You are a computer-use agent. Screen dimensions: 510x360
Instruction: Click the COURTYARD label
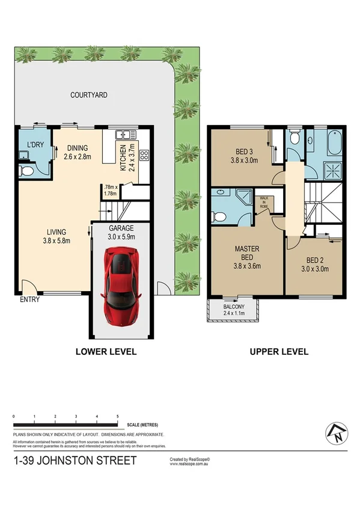88,95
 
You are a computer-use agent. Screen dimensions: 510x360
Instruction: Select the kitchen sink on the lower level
126,135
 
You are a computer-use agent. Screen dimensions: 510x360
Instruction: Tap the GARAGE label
121,229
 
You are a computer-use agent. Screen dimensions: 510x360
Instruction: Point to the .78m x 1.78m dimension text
110,189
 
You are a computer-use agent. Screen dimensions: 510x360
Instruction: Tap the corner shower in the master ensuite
245,196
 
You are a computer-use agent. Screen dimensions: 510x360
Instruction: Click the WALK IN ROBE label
263,201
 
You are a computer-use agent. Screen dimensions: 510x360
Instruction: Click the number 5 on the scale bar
117,416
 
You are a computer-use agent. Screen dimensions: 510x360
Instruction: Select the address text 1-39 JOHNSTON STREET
75,461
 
